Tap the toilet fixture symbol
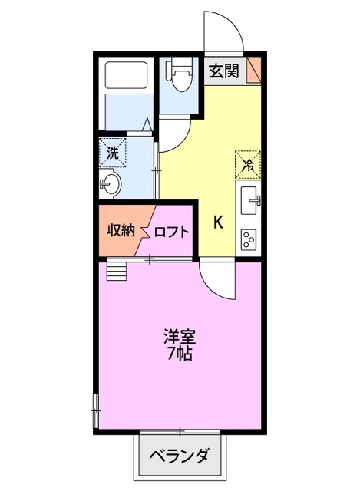click(x=180, y=79)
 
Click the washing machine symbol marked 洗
click(x=113, y=152)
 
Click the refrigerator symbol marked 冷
click(x=248, y=163)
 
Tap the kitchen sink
click(x=250, y=202)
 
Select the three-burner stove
click(x=250, y=239)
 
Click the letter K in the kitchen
click(x=218, y=222)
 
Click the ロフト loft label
click(x=171, y=232)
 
